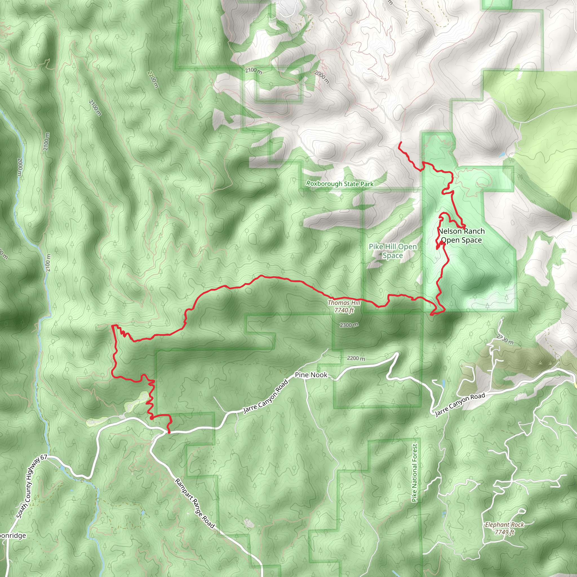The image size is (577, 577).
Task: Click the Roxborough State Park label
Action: pos(340,184)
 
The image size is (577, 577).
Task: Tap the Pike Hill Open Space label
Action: pos(393,251)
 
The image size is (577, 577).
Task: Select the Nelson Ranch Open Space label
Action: pos(461,236)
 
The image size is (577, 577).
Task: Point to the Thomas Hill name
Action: pos(344,303)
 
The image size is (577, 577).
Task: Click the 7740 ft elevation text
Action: pos(344,310)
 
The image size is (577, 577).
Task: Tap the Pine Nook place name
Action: pos(311,375)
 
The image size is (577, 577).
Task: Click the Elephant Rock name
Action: pos(504,525)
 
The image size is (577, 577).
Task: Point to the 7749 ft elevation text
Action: pos(504,532)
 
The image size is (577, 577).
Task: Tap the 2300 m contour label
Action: pos(349,325)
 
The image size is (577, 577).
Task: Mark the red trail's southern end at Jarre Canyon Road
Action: pos(169,432)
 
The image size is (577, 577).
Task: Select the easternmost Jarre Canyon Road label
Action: pos(460,405)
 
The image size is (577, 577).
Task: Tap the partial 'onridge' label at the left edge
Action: pos(13,536)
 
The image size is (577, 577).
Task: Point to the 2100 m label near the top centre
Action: pos(254,71)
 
